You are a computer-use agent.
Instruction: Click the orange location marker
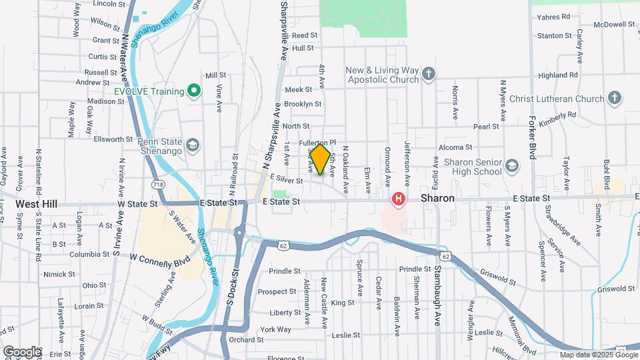[x=320, y=159]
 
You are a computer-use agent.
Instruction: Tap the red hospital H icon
[x=399, y=199]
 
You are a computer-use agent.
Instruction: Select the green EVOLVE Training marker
[x=193, y=91]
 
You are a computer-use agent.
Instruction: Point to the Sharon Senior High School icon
[x=512, y=166]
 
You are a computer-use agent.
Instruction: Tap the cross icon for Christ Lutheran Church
[x=614, y=99]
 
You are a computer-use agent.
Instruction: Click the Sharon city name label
[x=437, y=199]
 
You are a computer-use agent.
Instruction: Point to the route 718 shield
[x=157, y=183]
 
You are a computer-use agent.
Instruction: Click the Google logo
[x=21, y=351]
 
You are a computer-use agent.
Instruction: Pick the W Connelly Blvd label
[x=159, y=257]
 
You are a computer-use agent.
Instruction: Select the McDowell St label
[x=597, y=24]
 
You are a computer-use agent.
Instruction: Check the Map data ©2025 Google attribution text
[x=598, y=355]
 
